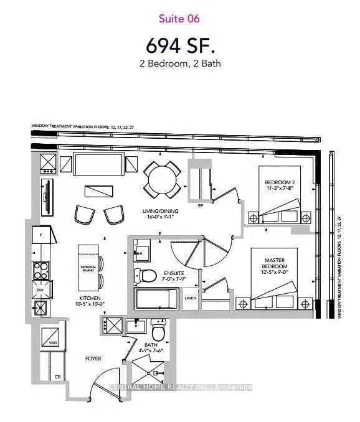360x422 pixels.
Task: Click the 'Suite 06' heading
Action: pos(180,19)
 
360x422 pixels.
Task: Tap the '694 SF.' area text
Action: pos(179,45)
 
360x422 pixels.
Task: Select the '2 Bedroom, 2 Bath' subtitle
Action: pos(180,63)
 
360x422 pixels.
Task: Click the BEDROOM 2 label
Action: pos(279,182)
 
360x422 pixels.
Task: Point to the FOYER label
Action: pos(93,359)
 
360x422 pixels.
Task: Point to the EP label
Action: pos(201,205)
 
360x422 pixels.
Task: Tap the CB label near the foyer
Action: pos(57,377)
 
